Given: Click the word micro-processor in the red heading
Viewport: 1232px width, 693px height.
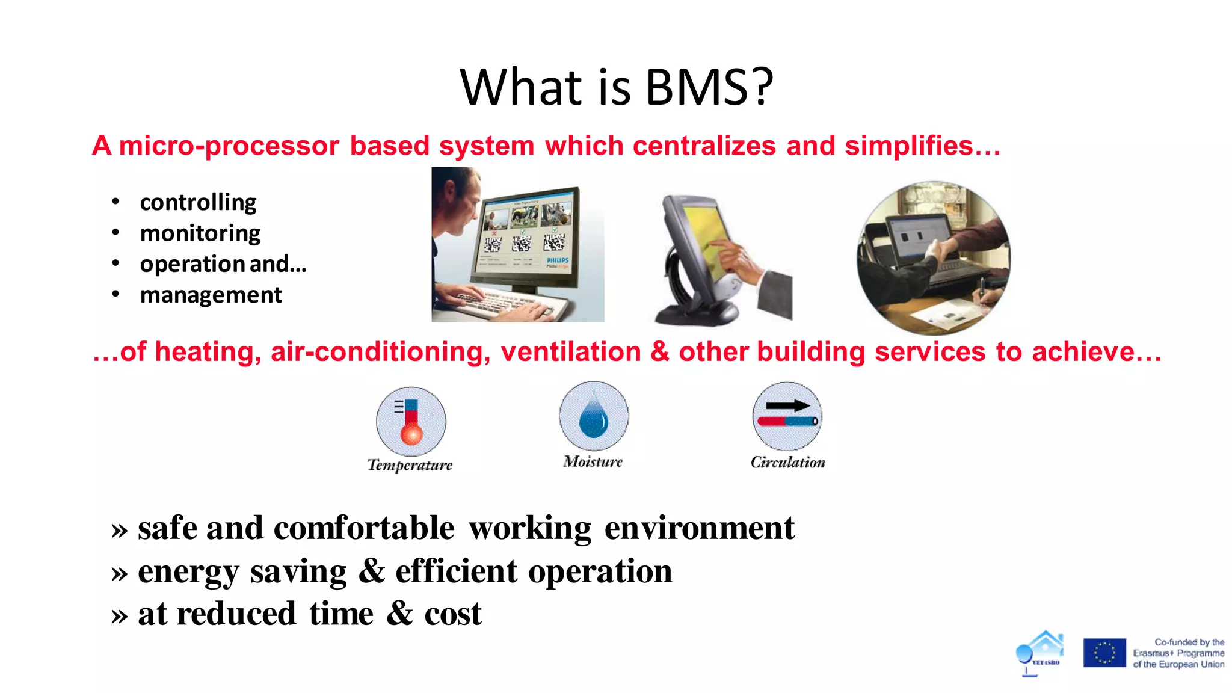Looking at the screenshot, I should pos(229,146).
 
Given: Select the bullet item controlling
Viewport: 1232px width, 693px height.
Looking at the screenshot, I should pos(198,202).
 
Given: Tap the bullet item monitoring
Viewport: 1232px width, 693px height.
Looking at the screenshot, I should pos(200,233).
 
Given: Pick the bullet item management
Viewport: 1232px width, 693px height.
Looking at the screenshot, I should pos(211,295).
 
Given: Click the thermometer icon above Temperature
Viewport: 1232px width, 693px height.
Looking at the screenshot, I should pos(411,421).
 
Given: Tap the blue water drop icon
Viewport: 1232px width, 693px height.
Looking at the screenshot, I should pos(594,416).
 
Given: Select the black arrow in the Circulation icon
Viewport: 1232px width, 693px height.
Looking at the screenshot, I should pos(788,406).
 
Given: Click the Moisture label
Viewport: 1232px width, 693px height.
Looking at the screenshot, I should pos(593,462).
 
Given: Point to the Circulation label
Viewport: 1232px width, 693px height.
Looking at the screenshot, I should pos(787,463).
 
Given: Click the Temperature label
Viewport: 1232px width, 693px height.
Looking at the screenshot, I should pos(410,465).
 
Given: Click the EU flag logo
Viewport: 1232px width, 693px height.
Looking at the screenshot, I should pos(1104,653).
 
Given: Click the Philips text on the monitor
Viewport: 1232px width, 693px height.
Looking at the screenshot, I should pos(557,260).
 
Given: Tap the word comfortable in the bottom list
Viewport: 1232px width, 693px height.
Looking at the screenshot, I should pos(364,528).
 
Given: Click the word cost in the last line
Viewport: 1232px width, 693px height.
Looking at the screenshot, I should pos(452,614).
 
